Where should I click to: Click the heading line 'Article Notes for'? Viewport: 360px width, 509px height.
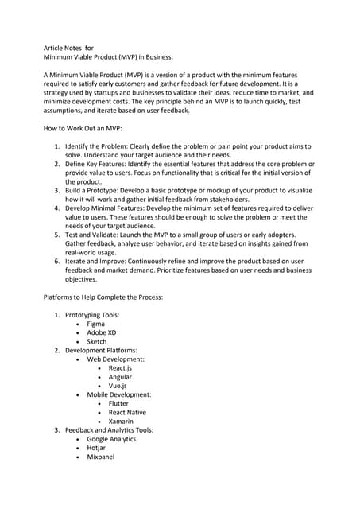click(x=68, y=48)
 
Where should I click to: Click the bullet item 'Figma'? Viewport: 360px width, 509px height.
click(x=95, y=324)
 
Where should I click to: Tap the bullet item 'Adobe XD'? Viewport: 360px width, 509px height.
click(x=101, y=333)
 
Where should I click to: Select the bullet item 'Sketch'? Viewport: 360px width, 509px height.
click(x=96, y=342)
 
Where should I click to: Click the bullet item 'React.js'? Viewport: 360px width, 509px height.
click(x=120, y=368)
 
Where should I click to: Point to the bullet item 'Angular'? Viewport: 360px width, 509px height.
click(x=120, y=377)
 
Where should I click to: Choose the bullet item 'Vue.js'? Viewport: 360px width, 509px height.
click(x=118, y=386)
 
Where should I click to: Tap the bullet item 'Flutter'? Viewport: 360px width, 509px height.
click(x=118, y=404)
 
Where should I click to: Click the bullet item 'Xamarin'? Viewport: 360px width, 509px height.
click(x=121, y=422)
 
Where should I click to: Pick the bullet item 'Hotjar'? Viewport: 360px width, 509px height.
click(x=97, y=448)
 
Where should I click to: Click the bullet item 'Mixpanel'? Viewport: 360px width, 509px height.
click(x=100, y=457)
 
